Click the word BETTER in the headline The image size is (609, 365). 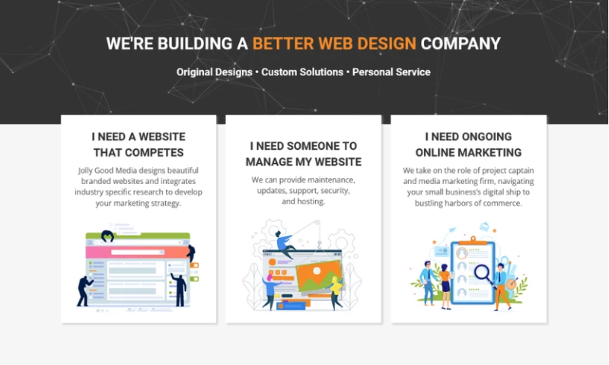[282, 43]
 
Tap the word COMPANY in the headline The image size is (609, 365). [461, 43]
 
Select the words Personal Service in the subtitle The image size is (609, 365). [391, 72]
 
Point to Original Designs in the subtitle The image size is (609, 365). [215, 72]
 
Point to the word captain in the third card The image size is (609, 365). [521, 170]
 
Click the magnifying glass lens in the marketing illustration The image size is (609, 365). [483, 272]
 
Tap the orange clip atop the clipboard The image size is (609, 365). [473, 240]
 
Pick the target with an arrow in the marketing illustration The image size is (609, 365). [512, 283]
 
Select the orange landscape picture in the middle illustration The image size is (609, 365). [319, 276]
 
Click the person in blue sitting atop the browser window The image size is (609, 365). [285, 244]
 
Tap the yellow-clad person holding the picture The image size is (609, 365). [336, 292]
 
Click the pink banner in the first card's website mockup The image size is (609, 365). [138, 252]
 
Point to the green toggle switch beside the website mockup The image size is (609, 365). [195, 279]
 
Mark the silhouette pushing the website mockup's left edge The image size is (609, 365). [84, 291]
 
